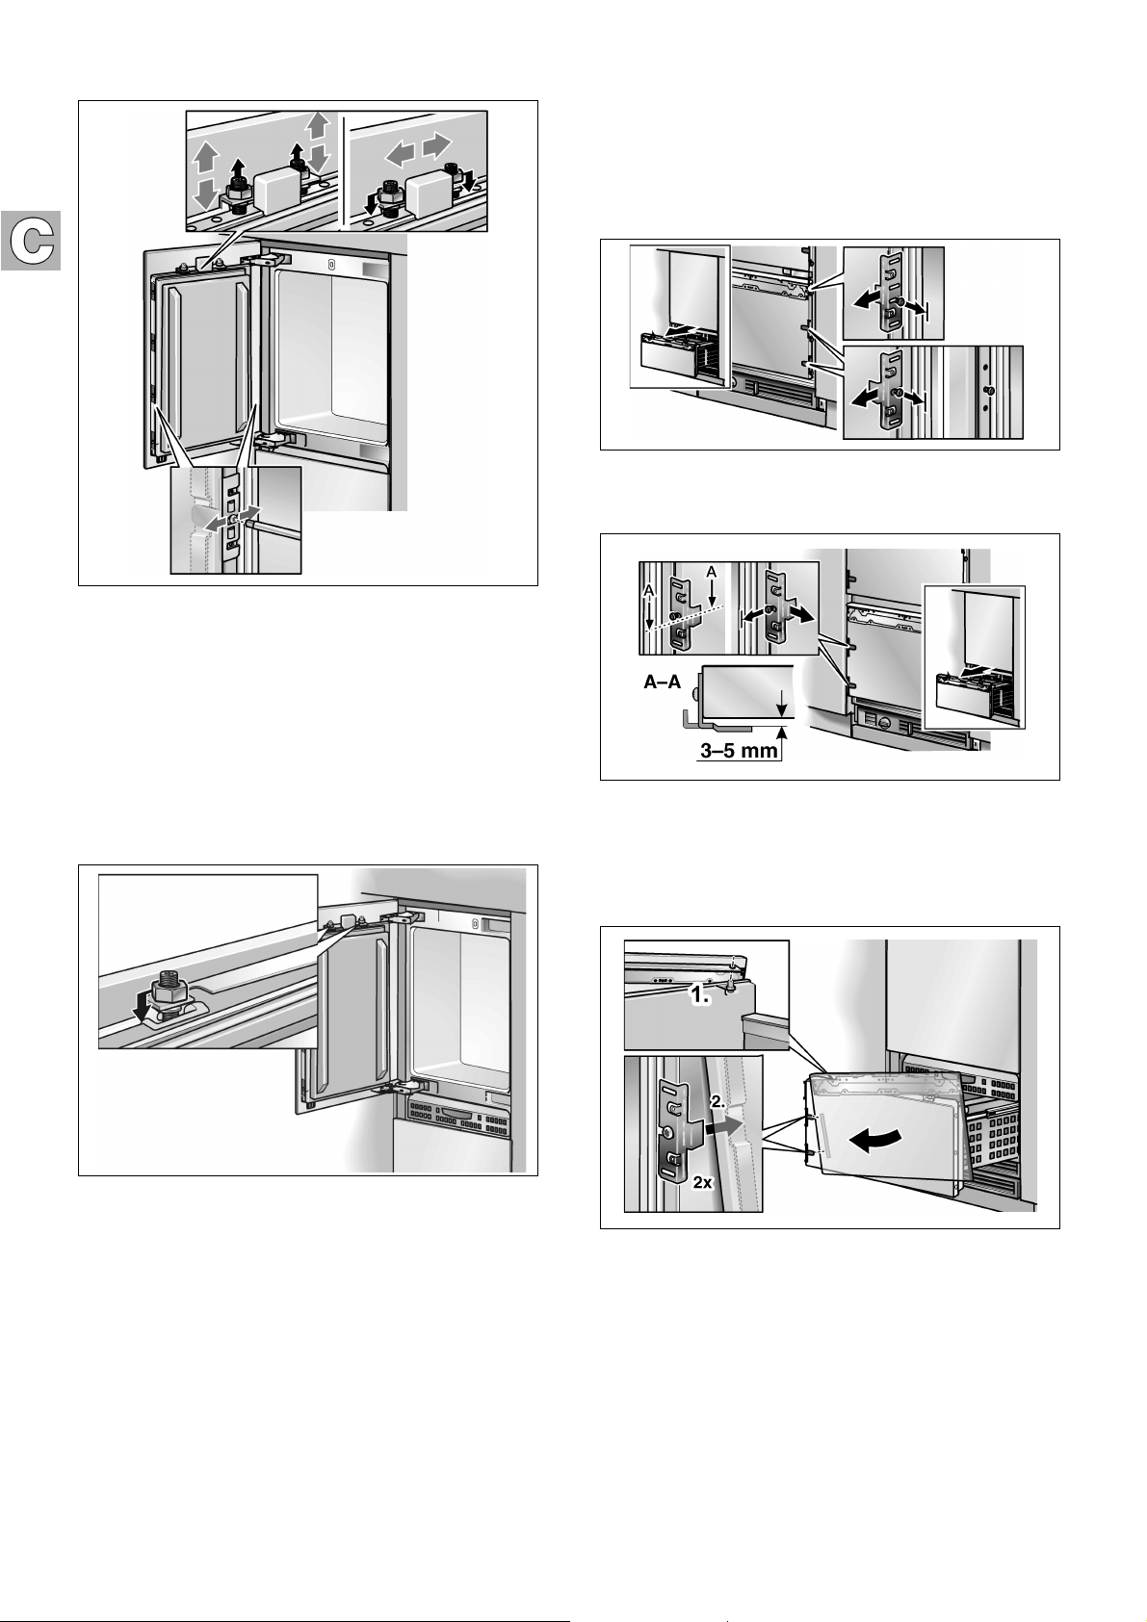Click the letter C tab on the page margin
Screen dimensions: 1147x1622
32,240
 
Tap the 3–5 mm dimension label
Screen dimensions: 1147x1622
739,751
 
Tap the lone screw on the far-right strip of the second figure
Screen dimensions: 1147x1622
988,392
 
